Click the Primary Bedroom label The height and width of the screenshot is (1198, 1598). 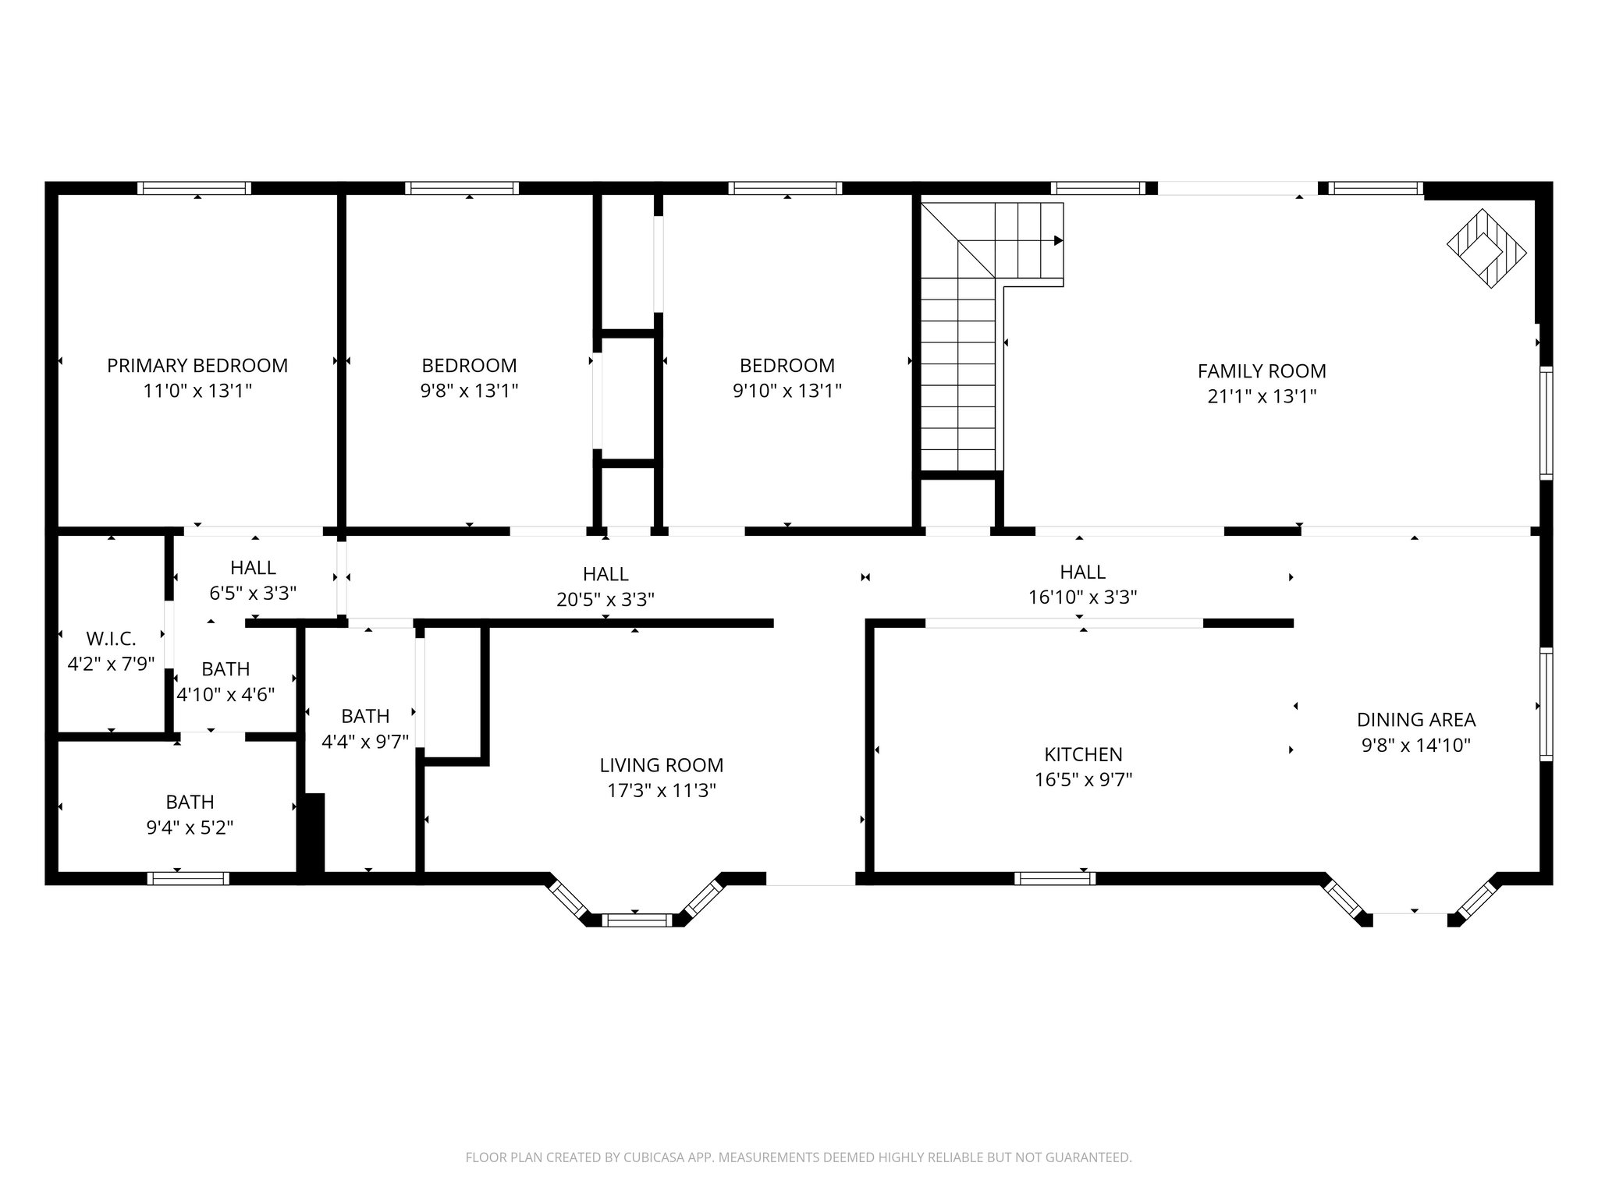pyautogui.click(x=197, y=365)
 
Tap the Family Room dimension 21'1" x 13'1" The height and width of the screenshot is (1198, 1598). pyautogui.click(x=1262, y=396)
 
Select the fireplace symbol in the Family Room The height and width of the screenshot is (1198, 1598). pyautogui.click(x=1486, y=249)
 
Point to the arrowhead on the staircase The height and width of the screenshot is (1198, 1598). pyautogui.click(x=1058, y=240)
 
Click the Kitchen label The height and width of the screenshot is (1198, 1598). pyautogui.click(x=1083, y=754)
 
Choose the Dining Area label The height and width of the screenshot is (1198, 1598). pyautogui.click(x=1416, y=720)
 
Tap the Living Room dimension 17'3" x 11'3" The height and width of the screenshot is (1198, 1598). pyautogui.click(x=662, y=790)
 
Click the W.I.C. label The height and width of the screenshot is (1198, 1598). pyautogui.click(x=111, y=639)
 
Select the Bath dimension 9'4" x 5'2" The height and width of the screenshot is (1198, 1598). pyautogui.click(x=190, y=827)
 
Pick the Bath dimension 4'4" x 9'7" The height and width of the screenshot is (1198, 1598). pyautogui.click(x=365, y=741)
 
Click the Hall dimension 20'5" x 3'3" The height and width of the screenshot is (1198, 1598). pyautogui.click(x=605, y=599)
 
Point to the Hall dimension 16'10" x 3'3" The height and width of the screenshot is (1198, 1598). pyautogui.click(x=1082, y=597)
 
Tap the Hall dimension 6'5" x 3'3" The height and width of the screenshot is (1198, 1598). pyautogui.click(x=253, y=594)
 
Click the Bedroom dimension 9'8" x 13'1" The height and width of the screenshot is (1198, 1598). pyautogui.click(x=469, y=390)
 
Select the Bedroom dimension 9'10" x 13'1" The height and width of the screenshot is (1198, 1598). pyautogui.click(x=787, y=390)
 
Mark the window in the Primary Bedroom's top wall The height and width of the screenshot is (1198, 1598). pyautogui.click(x=194, y=188)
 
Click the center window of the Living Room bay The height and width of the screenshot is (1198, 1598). pyautogui.click(x=637, y=920)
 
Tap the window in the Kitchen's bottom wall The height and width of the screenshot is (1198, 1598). pyautogui.click(x=1055, y=878)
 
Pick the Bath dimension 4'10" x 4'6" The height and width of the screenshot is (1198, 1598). pyautogui.click(x=225, y=694)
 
